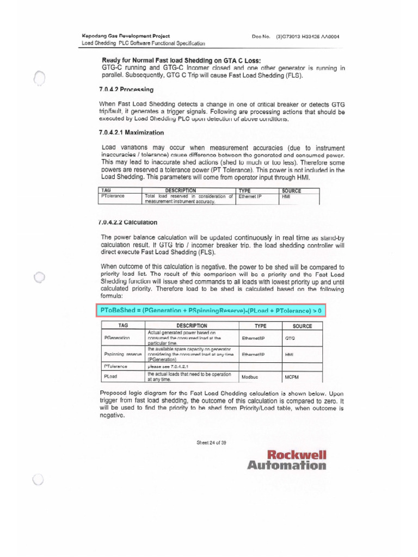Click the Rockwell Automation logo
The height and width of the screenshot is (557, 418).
[x=287, y=460]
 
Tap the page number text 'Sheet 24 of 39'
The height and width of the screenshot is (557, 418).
[x=211, y=442]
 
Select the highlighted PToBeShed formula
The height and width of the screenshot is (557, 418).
[x=211, y=310]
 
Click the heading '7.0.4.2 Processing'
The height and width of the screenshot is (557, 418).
[x=126, y=89]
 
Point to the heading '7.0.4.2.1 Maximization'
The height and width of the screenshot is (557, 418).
[x=131, y=132]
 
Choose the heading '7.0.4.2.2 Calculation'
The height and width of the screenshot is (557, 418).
[x=128, y=222]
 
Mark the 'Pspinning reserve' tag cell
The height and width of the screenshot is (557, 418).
[x=122, y=354]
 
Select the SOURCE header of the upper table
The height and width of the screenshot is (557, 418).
[x=291, y=191]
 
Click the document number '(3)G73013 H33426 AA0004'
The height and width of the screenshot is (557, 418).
[x=308, y=36]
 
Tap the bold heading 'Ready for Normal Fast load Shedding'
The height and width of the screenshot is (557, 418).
[x=181, y=60]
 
